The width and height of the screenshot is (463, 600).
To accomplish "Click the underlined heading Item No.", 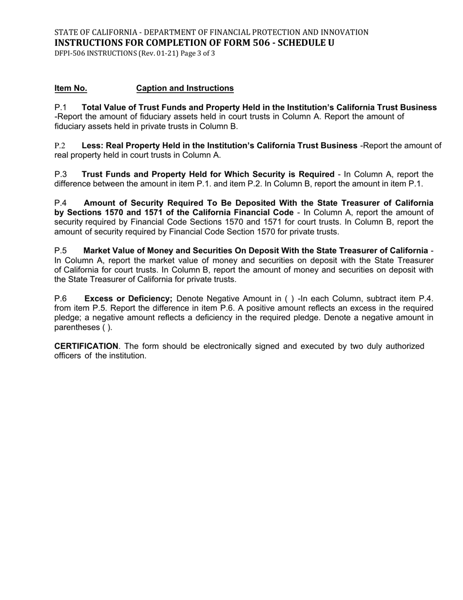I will pyautogui.click(x=71, y=88).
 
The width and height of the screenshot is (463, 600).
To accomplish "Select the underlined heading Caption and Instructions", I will pyautogui.click(x=185, y=88).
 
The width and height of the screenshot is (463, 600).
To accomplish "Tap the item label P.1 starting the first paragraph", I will pyautogui.click(x=60, y=107).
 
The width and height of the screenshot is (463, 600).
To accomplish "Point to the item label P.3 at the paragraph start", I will pyautogui.click(x=60, y=174).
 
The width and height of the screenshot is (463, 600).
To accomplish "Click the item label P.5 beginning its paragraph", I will pyautogui.click(x=60, y=251).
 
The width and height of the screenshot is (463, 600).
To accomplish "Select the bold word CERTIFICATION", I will pyautogui.click(x=86, y=346).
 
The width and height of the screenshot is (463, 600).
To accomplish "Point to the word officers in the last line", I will pyautogui.click(x=67, y=356).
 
